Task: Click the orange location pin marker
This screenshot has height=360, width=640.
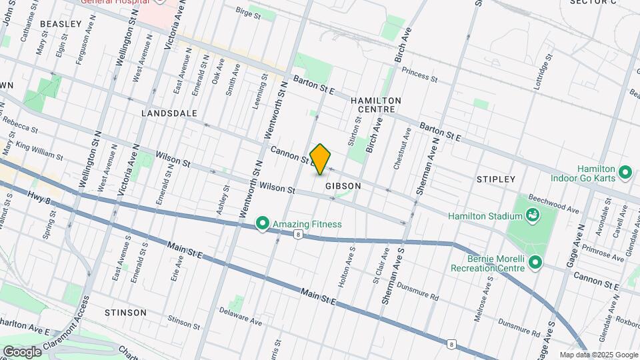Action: click(x=321, y=159)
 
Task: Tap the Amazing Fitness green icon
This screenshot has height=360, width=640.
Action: click(x=263, y=224)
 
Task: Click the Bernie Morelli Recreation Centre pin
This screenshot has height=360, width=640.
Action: click(x=535, y=263)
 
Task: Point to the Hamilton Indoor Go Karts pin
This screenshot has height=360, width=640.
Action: click(x=625, y=173)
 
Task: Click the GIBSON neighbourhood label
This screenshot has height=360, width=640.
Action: click(x=343, y=186)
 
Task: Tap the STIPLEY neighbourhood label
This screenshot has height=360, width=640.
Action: click(x=496, y=179)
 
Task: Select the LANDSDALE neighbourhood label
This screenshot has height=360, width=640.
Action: click(x=169, y=113)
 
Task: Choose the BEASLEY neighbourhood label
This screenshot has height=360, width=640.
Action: click(x=61, y=23)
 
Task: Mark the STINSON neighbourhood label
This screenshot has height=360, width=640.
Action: click(x=125, y=312)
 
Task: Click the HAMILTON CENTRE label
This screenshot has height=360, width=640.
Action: click(x=376, y=105)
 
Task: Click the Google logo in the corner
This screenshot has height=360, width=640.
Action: click(x=21, y=351)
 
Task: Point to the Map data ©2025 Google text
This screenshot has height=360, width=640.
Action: click(x=598, y=355)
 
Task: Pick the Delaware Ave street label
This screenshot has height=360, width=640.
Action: click(x=241, y=320)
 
